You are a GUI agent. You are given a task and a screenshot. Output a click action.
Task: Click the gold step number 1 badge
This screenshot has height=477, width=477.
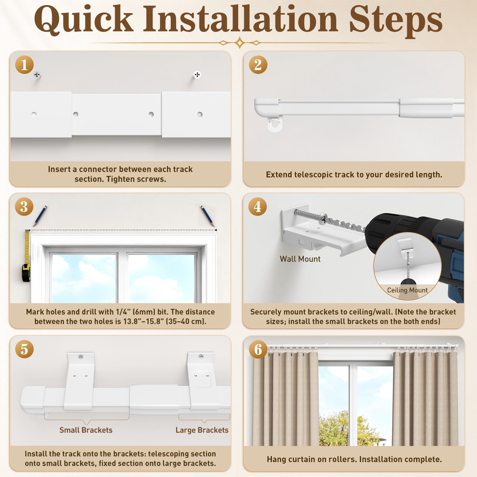click(x=24, y=65)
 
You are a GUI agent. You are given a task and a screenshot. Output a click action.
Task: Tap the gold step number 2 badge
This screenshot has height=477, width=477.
click(x=258, y=65)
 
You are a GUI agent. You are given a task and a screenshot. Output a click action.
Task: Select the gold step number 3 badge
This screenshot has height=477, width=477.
click(x=24, y=207)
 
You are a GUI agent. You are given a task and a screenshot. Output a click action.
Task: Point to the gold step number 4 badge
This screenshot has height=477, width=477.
click(x=258, y=207)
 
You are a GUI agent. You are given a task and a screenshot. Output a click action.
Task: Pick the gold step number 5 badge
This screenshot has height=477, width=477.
click(x=24, y=349)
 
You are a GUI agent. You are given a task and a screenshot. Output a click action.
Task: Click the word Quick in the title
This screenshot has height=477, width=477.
click(x=84, y=19)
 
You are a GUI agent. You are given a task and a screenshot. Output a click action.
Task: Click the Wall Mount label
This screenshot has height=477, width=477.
click(x=300, y=259)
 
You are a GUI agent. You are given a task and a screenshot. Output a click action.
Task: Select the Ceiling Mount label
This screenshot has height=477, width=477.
click(x=407, y=290)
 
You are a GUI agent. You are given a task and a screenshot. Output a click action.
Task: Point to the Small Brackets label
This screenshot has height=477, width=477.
click(x=86, y=430)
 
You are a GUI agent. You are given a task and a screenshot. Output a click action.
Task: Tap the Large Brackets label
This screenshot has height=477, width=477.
click(x=202, y=430)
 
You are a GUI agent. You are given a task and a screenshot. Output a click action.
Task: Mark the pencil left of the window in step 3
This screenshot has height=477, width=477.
click(x=39, y=216)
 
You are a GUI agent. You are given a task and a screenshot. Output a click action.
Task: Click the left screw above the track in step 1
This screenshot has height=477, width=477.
click(x=37, y=75)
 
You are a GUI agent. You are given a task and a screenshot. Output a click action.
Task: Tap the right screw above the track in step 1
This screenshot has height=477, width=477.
click(x=197, y=75)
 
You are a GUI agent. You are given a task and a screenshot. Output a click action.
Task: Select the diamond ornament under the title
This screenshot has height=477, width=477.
click(x=240, y=43)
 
